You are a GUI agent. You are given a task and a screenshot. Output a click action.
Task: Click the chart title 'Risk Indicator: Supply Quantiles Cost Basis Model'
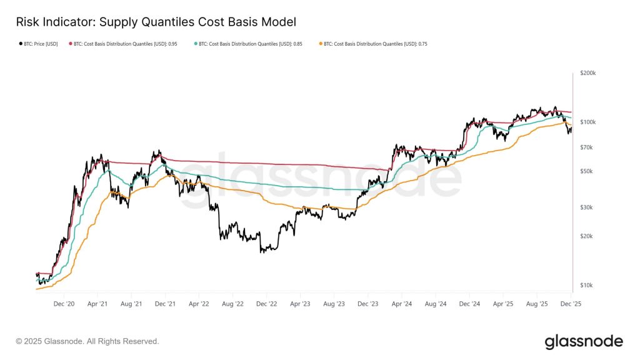(x=156, y=22)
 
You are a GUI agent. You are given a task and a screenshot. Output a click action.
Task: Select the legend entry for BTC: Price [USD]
(x=39, y=44)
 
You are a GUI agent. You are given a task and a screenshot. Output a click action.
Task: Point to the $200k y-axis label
(x=587, y=73)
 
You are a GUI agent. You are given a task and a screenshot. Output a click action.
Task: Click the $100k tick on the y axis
(x=587, y=122)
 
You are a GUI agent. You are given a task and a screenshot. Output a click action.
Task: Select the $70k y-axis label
(x=586, y=147)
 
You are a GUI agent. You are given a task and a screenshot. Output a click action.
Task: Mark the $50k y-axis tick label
(x=586, y=171)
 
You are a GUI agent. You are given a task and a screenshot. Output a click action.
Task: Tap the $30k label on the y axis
(x=586, y=207)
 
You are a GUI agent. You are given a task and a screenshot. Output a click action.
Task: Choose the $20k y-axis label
(x=586, y=236)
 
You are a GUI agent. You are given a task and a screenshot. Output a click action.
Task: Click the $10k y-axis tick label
(x=586, y=286)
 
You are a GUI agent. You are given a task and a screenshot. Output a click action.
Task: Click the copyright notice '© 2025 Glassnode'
(x=87, y=341)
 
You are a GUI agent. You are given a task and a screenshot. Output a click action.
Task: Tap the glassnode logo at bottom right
(x=583, y=341)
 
